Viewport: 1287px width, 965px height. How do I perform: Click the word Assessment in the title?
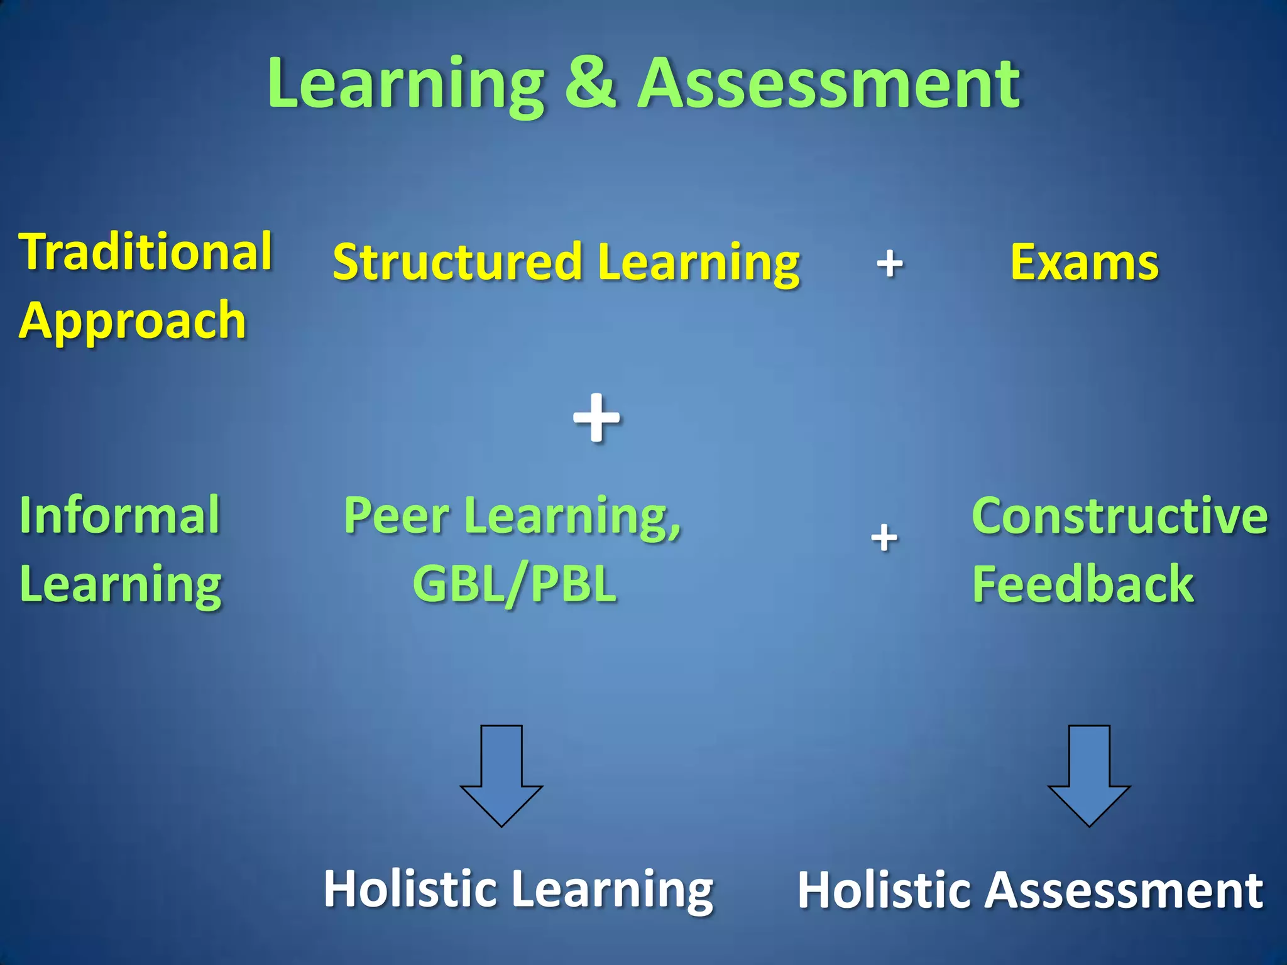pos(829,83)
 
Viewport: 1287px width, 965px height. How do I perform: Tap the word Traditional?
pos(146,251)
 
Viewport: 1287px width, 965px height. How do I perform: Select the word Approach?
pos(133,320)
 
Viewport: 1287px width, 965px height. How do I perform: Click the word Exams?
pos(1084,263)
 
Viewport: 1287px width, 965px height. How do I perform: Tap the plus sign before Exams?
pos(889,263)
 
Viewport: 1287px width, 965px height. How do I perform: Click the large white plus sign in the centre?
pos(596,418)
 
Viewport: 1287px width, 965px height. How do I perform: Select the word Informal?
pos(120,515)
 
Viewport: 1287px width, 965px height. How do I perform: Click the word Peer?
pos(397,515)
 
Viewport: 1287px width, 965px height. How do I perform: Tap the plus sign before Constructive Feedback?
pos(884,538)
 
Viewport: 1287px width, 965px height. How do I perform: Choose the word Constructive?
pos(1120,515)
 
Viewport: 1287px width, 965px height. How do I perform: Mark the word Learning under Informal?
pos(121,584)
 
